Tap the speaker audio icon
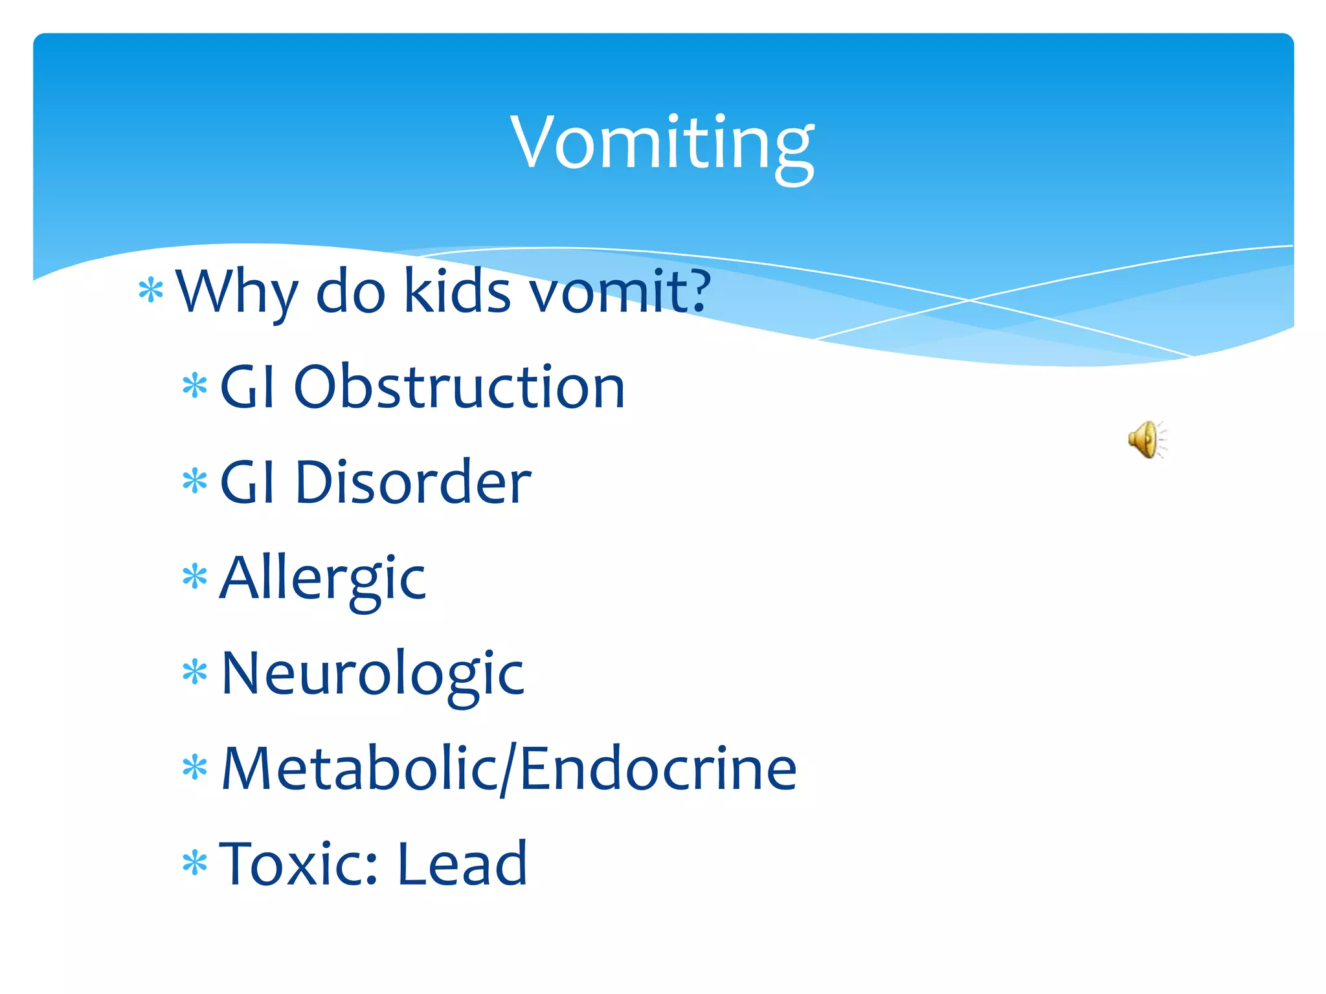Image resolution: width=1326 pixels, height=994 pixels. [x=1147, y=439]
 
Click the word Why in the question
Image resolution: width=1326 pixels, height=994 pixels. [x=237, y=293]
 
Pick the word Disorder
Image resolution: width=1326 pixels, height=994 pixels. [x=412, y=482]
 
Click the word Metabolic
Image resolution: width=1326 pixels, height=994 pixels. [x=359, y=769]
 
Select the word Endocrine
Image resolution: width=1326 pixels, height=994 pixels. [x=658, y=769]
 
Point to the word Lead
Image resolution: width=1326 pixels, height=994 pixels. [x=462, y=864]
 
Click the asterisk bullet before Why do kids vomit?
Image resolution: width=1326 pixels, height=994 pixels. [x=151, y=291]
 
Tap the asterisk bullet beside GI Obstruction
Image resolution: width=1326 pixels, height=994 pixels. [x=194, y=387]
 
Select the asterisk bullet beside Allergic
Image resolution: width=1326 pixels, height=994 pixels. [x=194, y=577]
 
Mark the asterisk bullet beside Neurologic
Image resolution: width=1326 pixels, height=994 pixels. [x=194, y=673]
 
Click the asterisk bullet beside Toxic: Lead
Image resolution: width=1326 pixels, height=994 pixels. [x=194, y=863]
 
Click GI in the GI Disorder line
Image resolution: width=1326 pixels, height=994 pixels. [x=249, y=482]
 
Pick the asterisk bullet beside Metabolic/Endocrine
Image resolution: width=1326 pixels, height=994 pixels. [x=194, y=768]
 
